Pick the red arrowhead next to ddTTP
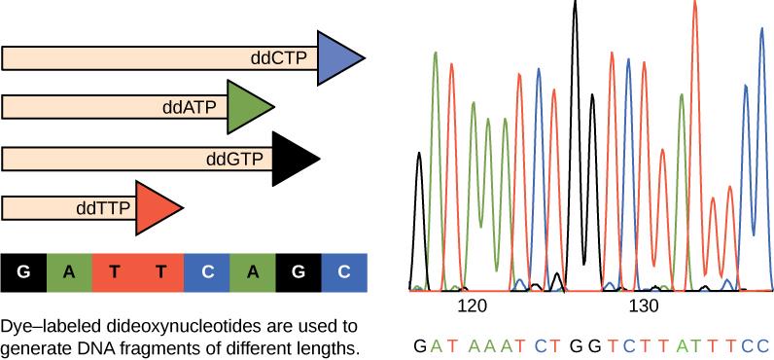click(156, 207)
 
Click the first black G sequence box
click(23, 273)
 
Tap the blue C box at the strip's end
click(343, 273)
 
